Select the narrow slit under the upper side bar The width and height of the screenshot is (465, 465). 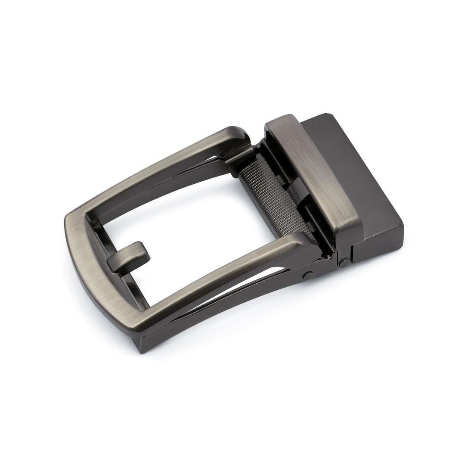tap(202, 168)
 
